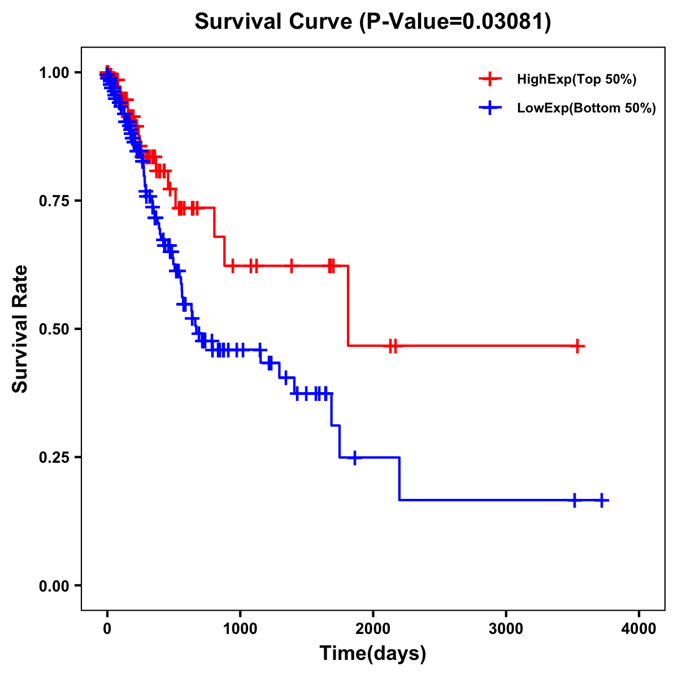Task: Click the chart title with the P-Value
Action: point(373,22)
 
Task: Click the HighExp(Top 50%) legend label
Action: point(577,80)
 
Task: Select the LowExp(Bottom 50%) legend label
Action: point(586,108)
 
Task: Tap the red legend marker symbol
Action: point(490,79)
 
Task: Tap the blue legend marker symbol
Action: point(490,107)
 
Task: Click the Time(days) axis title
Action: point(373,654)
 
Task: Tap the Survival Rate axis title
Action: point(20,329)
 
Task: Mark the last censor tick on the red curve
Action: point(577,346)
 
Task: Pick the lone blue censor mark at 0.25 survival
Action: point(355,458)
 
